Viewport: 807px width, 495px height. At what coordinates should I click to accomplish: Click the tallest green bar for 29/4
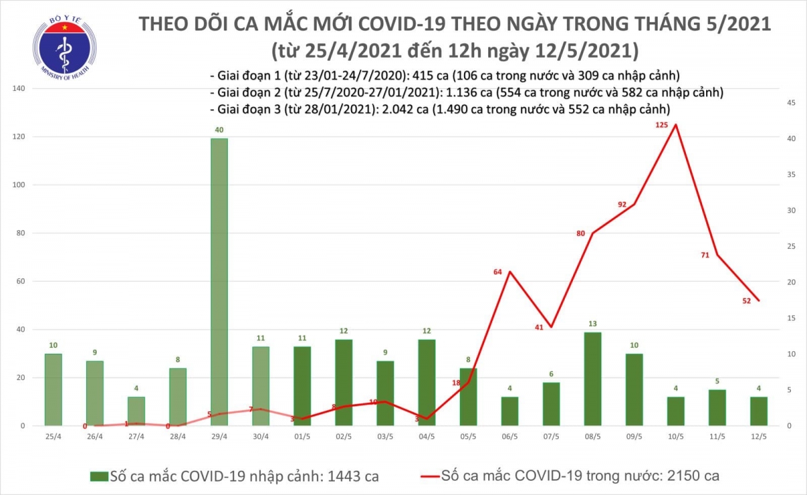pyautogui.click(x=219, y=282)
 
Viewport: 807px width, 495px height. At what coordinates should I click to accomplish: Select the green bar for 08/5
pyautogui.click(x=592, y=379)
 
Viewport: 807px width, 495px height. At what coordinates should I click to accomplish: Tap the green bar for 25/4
pyautogui.click(x=54, y=389)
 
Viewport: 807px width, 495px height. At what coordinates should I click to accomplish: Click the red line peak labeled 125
pyautogui.click(x=675, y=124)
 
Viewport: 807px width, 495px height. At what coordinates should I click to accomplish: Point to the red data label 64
pyautogui.click(x=498, y=272)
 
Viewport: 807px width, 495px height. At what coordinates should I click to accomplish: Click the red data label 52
pyautogui.click(x=746, y=300)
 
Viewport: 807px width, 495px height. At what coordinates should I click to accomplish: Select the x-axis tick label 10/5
pyautogui.click(x=675, y=436)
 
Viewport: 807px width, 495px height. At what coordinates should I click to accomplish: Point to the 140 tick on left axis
pyautogui.click(x=19, y=89)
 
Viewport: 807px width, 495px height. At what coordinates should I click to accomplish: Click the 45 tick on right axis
pyautogui.click(x=792, y=102)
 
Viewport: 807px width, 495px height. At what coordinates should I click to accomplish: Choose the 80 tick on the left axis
pyautogui.click(x=20, y=233)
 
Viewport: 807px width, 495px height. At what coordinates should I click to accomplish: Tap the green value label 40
pyautogui.click(x=219, y=130)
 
